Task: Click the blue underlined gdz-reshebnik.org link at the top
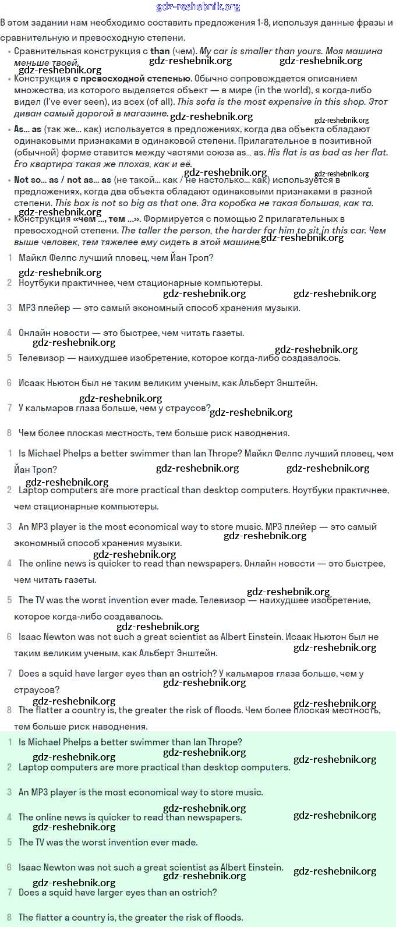198,7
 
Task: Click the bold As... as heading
28,129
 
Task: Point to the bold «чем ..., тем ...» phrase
107,219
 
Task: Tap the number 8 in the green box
9,917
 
